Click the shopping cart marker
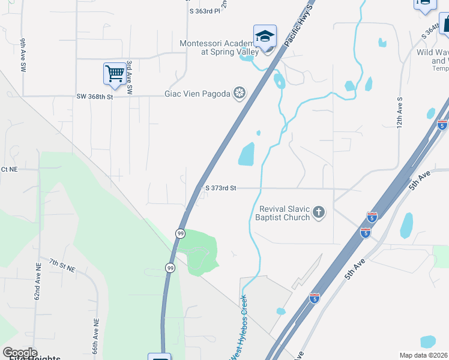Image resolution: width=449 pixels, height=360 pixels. click(x=115, y=74)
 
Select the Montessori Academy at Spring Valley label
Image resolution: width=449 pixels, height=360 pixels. click(x=220, y=47)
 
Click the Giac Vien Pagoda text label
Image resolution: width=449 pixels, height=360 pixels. click(x=197, y=94)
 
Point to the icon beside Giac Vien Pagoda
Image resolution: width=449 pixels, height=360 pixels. click(x=240, y=93)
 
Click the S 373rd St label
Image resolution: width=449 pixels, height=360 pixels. click(x=221, y=188)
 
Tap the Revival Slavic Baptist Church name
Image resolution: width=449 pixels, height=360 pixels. click(x=284, y=213)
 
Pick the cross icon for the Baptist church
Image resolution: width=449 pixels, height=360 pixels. click(x=319, y=212)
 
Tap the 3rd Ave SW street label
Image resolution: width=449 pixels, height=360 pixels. click(x=128, y=82)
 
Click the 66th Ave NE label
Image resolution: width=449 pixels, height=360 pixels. click(x=95, y=335)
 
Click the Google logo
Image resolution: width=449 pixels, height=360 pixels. click(x=20, y=352)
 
